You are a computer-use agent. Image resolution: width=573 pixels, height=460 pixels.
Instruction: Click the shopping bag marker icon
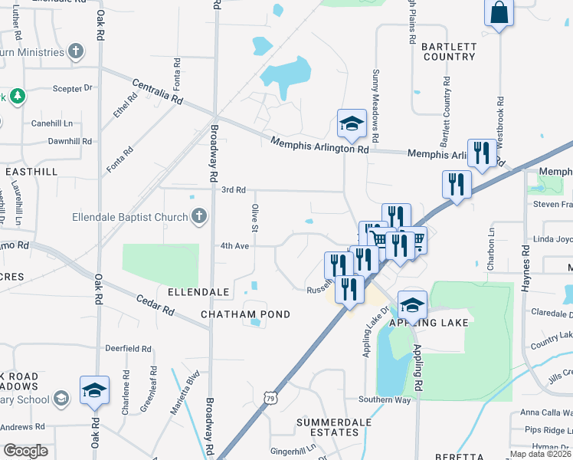(x=499, y=13)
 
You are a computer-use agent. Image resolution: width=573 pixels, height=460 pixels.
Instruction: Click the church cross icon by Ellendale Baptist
(x=199, y=215)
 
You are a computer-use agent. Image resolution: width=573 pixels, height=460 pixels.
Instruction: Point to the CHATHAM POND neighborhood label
(x=245, y=314)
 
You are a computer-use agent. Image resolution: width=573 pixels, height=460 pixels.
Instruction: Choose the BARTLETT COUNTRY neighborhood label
(x=449, y=51)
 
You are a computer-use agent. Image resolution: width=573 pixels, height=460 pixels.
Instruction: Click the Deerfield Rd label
(x=128, y=348)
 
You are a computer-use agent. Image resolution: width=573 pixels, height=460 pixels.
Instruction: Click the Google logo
(x=26, y=451)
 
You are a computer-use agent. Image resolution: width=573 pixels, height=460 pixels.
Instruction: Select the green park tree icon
(x=16, y=97)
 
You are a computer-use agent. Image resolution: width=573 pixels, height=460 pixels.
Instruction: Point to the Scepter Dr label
(x=72, y=89)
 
